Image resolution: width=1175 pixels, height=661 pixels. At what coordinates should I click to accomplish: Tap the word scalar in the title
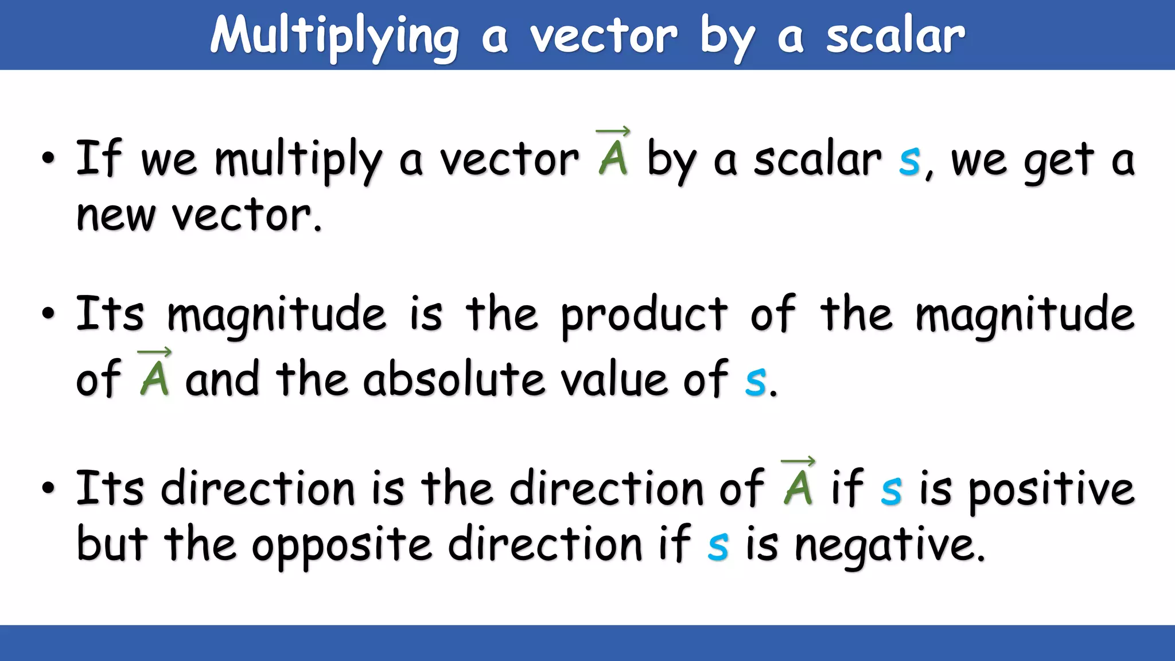pyautogui.click(x=895, y=36)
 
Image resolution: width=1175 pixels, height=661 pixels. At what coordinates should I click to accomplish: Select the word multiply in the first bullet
pyautogui.click(x=298, y=160)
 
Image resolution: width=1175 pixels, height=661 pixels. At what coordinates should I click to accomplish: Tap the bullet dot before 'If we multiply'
pyautogui.click(x=49, y=158)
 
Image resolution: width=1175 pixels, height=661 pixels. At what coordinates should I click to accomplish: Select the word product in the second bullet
pyautogui.click(x=644, y=315)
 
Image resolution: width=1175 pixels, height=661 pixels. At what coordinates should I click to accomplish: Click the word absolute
pyautogui.click(x=453, y=379)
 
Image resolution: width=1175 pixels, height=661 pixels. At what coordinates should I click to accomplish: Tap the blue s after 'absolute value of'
pyautogui.click(x=755, y=381)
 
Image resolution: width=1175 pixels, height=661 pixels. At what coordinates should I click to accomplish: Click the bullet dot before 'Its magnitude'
pyautogui.click(x=49, y=314)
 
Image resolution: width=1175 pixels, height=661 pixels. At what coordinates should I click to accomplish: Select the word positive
pyautogui.click(x=1051, y=489)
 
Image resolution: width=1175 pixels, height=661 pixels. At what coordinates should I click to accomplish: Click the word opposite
pyautogui.click(x=341, y=545)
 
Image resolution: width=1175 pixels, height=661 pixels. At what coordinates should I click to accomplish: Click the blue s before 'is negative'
pyautogui.click(x=718, y=546)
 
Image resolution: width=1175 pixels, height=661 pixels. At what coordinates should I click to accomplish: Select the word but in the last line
pyautogui.click(x=112, y=544)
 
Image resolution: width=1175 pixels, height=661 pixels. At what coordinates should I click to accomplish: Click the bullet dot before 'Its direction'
pyautogui.click(x=49, y=488)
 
